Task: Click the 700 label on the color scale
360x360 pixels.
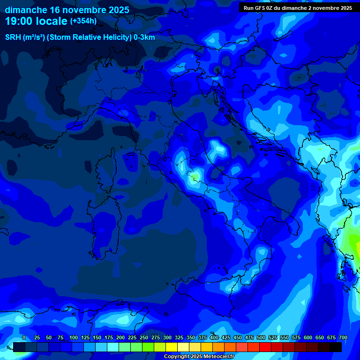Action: (343, 337)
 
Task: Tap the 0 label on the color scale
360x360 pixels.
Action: (23, 337)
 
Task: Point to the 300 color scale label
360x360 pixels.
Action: (167, 337)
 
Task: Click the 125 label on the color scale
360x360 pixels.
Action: (85, 337)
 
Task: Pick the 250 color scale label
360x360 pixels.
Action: (144, 337)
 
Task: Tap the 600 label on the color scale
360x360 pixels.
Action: (308, 337)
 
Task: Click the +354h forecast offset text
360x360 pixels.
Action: (83, 21)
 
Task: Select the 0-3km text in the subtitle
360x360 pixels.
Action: (144, 37)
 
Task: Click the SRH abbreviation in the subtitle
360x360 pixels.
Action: (13, 37)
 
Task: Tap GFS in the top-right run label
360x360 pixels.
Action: (262, 8)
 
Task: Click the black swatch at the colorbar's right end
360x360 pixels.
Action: (336, 347)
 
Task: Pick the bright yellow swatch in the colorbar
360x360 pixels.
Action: (172, 347)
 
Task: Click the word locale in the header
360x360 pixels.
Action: (50, 21)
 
